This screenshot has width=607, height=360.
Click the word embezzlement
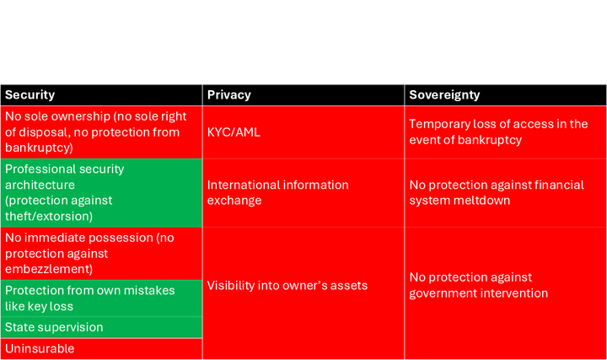tap(49, 269)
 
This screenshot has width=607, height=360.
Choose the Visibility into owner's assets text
tap(287, 286)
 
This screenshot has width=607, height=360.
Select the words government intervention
tap(479, 293)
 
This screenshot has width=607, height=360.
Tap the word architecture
tap(40, 185)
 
